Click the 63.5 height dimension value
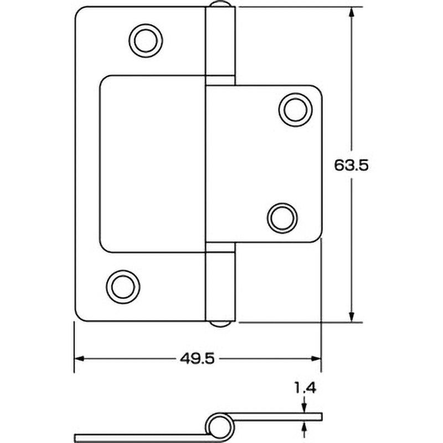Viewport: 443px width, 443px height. pyautogui.click(x=352, y=165)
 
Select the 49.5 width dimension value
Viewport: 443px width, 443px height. pyautogui.click(x=197, y=359)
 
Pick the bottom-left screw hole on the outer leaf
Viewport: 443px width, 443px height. pyautogui.click(x=122, y=286)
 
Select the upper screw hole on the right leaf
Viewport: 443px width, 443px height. pyautogui.click(x=294, y=109)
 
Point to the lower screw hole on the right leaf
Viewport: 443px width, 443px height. pyautogui.click(x=282, y=217)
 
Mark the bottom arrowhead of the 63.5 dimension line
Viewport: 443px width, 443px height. pyautogui.click(x=352, y=316)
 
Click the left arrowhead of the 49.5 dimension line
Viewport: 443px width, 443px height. pyautogui.click(x=80, y=359)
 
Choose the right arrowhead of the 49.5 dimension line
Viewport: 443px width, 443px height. pyautogui.click(x=316, y=359)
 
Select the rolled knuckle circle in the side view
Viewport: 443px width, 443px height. pyautogui.click(x=218, y=425)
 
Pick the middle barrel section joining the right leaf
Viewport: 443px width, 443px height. pyautogui.click(x=220, y=163)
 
